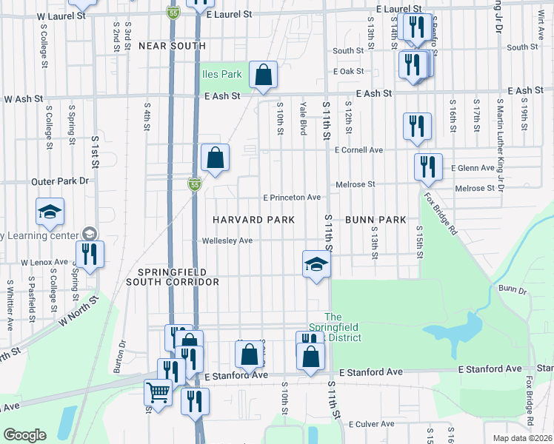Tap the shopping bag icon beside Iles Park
[263, 75]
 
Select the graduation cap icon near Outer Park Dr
[50, 212]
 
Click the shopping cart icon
[158, 392]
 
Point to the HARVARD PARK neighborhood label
[254, 220]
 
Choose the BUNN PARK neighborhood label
[376, 220]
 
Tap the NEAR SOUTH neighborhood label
[172, 46]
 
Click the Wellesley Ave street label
[227, 240]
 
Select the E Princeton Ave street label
[293, 198]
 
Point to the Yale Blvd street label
[303, 118]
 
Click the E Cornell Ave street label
[358, 149]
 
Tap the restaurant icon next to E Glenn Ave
[428, 167]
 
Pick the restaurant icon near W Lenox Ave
[89, 254]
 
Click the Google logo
[25, 435]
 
